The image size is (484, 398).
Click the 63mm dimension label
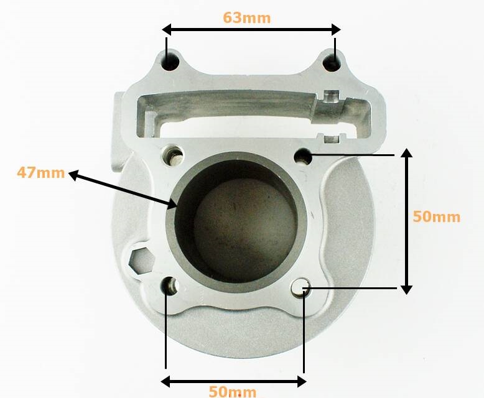pyautogui.click(x=247, y=17)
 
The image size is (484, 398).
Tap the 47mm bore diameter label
pyautogui.click(x=40, y=172)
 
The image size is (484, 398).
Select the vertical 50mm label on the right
pyautogui.click(x=437, y=217)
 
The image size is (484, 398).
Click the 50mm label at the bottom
pyautogui.click(x=232, y=392)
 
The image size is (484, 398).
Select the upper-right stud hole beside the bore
pyautogui.click(x=304, y=156)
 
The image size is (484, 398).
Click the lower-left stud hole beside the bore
pyautogui.click(x=170, y=285)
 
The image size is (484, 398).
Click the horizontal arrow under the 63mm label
pyautogui.click(x=251, y=29)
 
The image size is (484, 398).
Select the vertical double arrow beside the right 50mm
pyautogui.click(x=406, y=221)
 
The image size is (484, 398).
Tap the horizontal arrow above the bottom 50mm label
pyautogui.click(x=234, y=381)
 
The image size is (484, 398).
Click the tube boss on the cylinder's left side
pyautogui.click(x=120, y=134)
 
